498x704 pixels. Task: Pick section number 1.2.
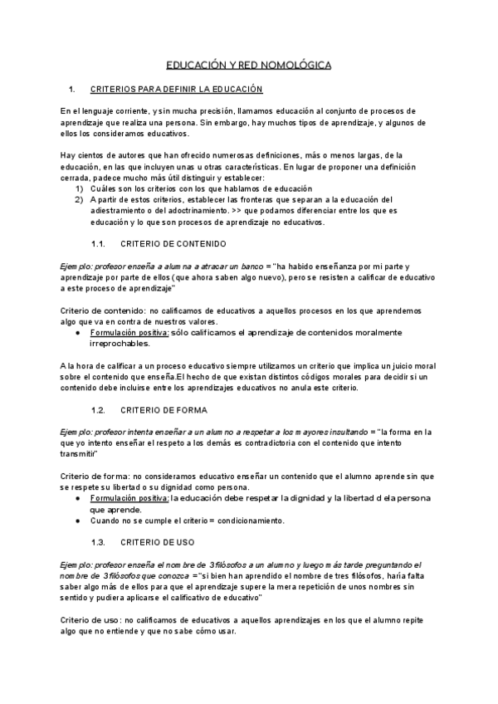click(99, 410)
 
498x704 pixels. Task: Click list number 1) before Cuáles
click(80, 188)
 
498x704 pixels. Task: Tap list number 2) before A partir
click(80, 199)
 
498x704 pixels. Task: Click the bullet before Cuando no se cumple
click(77, 521)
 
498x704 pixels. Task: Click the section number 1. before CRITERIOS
click(72, 89)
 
